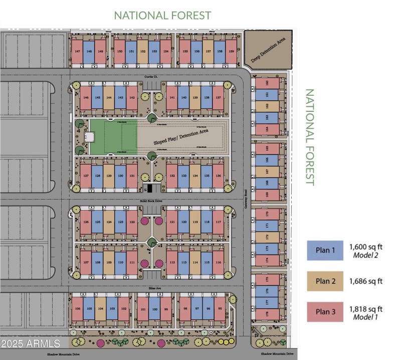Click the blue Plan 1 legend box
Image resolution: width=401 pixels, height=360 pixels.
tap(325, 250)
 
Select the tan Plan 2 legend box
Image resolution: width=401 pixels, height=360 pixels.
tap(325, 281)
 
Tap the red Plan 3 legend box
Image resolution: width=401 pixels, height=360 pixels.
tap(325, 312)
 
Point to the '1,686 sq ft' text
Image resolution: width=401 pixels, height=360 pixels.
tap(366, 281)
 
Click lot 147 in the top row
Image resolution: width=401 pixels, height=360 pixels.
tap(77, 52)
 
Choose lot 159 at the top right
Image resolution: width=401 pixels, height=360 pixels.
tap(231, 52)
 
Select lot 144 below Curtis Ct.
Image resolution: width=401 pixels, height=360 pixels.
tap(109, 98)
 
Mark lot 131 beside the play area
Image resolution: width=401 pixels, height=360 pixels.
tap(132, 176)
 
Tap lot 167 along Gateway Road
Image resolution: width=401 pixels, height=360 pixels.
tap(267, 171)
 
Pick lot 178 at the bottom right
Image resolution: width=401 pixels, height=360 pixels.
tap(267, 313)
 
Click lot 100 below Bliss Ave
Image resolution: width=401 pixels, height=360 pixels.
tap(155, 309)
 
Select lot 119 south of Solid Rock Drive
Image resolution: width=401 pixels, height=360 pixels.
tap(195, 222)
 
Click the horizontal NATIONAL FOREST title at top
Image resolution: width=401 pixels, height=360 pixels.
tap(162, 16)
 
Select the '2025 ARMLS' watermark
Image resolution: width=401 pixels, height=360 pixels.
tap(31, 343)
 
